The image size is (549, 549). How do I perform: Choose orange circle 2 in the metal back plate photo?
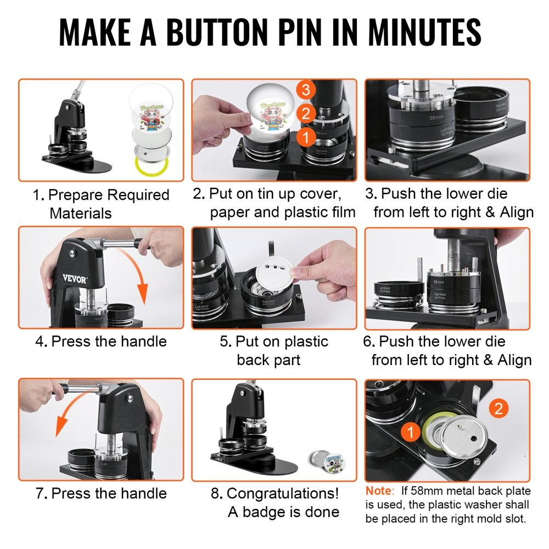497,408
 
